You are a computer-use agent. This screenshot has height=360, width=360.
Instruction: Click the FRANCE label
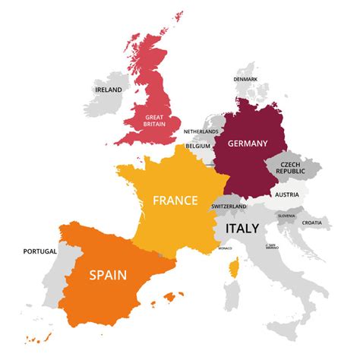(x=175, y=201)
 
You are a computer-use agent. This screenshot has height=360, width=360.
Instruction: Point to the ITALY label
(x=242, y=228)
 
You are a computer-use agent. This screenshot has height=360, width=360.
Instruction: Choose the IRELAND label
(x=109, y=90)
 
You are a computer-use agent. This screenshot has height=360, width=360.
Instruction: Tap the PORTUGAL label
(x=39, y=251)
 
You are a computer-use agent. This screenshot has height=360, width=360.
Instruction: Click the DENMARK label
(x=245, y=80)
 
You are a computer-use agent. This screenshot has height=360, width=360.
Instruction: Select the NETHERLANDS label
(x=201, y=131)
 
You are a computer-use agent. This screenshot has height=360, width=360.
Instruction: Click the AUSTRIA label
(x=287, y=194)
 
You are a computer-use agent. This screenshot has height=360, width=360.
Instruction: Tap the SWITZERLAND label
(x=229, y=207)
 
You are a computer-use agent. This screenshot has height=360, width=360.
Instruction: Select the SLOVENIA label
(x=286, y=216)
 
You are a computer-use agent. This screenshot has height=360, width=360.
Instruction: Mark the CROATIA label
(x=311, y=223)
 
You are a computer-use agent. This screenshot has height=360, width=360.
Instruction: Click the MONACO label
(x=225, y=248)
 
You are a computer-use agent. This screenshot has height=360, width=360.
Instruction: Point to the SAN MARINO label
(x=271, y=246)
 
